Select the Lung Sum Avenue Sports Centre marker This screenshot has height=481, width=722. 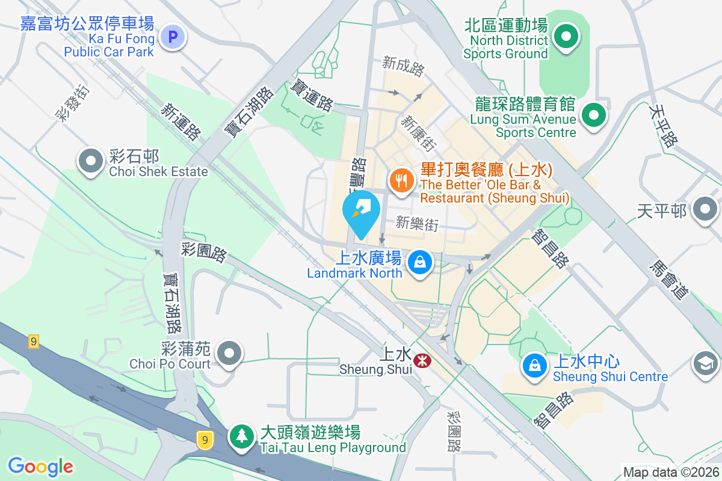pyautogui.click(x=593, y=114)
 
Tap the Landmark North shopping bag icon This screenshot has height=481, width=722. pyautogui.click(x=418, y=262)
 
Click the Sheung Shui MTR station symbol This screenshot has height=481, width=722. pyautogui.click(x=421, y=360)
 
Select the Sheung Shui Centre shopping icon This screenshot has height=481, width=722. pyautogui.click(x=534, y=364)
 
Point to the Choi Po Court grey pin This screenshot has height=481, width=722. pyautogui.click(x=229, y=352)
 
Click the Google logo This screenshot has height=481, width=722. pyautogui.click(x=40, y=466)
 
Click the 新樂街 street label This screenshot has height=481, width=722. pyautogui.click(x=417, y=224)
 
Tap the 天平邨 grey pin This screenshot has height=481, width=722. pyautogui.click(x=705, y=210)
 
